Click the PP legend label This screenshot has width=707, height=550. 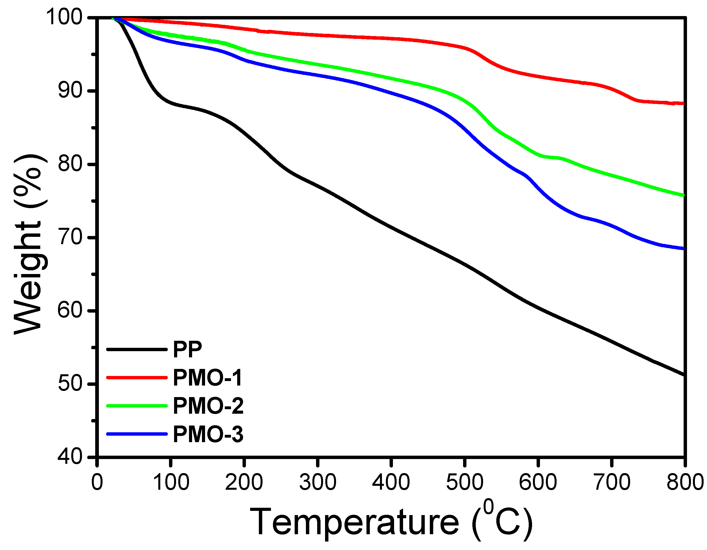(x=187, y=349)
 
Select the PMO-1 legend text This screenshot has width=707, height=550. (x=208, y=378)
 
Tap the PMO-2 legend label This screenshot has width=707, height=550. (x=208, y=406)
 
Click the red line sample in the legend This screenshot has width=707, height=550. (x=137, y=377)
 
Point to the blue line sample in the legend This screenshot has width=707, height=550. (x=137, y=434)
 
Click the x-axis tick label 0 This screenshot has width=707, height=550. (x=97, y=482)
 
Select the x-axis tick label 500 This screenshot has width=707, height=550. (x=465, y=482)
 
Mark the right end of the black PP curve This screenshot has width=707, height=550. (x=684, y=375)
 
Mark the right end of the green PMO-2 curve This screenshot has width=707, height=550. (x=684, y=195)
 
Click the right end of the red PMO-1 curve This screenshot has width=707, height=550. (x=684, y=104)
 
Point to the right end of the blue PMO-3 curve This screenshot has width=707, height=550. (x=684, y=249)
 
